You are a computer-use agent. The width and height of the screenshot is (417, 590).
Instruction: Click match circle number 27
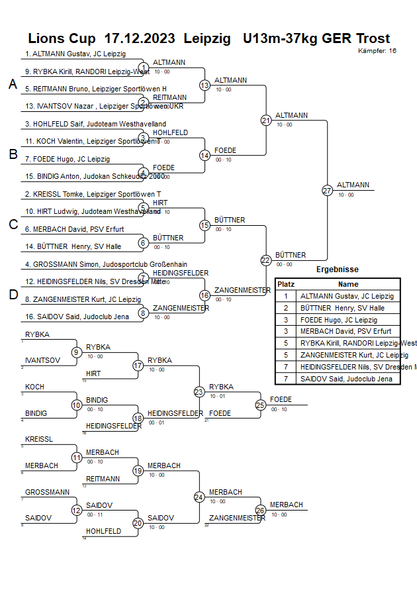(x=327, y=191)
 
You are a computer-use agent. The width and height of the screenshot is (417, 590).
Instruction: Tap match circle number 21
(x=266, y=121)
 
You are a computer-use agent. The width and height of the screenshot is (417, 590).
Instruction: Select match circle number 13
(x=205, y=85)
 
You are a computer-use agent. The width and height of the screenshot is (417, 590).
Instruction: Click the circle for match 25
(x=261, y=405)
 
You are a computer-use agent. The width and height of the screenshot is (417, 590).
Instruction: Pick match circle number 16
(x=205, y=295)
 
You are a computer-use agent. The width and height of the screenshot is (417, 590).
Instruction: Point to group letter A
(x=13, y=84)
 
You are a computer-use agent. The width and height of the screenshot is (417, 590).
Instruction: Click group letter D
(x=13, y=295)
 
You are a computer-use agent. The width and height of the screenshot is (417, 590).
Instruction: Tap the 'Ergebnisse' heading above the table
(x=338, y=270)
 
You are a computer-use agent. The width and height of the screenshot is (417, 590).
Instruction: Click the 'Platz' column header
(x=286, y=283)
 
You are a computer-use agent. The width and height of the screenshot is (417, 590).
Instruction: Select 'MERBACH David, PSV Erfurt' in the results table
(x=345, y=331)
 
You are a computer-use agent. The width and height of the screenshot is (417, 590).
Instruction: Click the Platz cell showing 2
(x=286, y=308)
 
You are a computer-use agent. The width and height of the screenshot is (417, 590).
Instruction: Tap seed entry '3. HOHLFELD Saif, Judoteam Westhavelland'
(x=95, y=124)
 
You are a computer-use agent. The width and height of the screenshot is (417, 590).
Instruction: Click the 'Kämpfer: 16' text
(x=377, y=50)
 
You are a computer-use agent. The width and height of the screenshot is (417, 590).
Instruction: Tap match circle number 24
(x=199, y=497)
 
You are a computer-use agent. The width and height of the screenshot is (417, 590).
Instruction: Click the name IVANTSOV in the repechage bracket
(x=43, y=360)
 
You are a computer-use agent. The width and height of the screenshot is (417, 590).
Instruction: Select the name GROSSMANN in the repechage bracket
(x=48, y=492)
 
